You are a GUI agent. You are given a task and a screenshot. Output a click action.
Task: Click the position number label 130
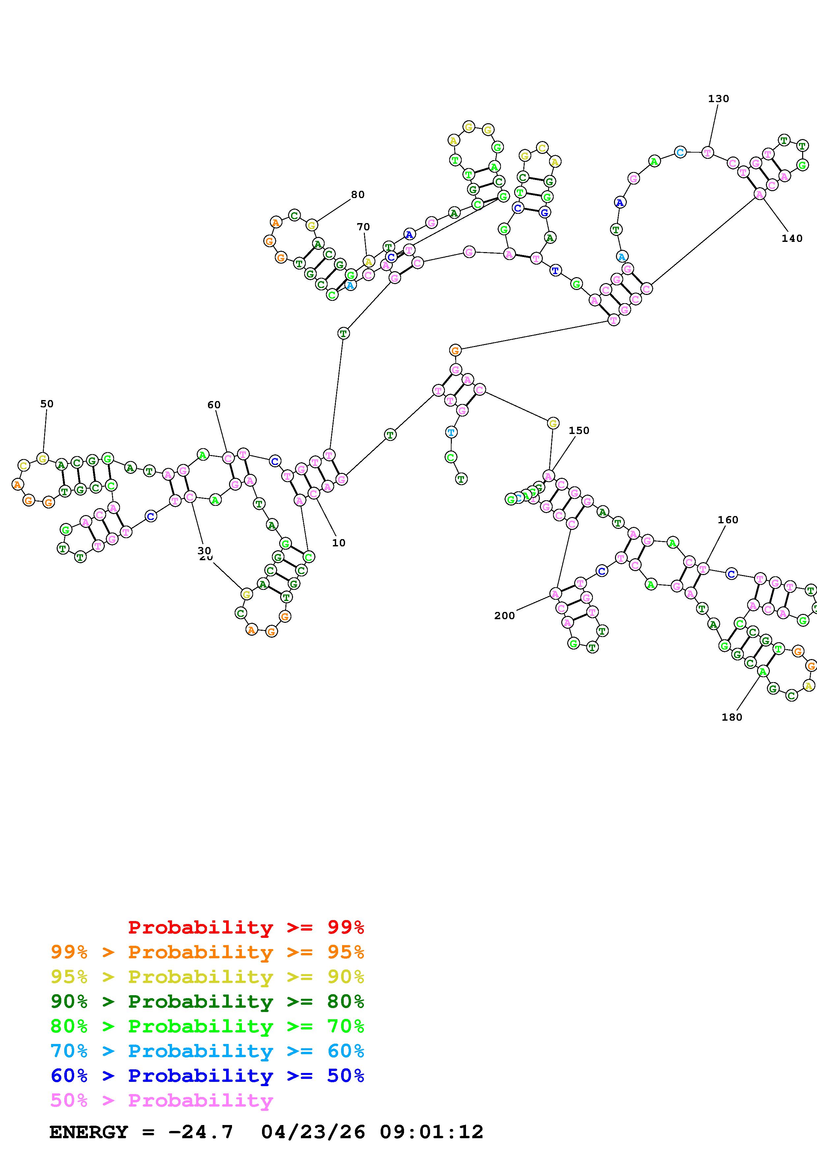tap(718, 99)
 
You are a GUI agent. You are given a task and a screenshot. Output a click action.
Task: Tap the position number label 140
tap(792, 239)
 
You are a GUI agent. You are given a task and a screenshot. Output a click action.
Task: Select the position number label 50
tap(47, 404)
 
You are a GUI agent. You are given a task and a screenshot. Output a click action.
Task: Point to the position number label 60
tap(214, 405)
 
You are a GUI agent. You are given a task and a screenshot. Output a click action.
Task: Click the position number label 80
tap(357, 195)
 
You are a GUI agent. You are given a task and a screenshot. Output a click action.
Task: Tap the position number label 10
tap(339, 543)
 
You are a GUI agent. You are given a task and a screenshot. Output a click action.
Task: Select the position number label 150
tap(579, 430)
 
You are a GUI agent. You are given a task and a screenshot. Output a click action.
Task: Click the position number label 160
tap(728, 520)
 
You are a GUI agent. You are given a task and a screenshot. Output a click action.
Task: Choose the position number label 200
tap(504, 616)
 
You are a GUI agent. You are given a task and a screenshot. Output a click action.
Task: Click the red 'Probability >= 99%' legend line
tap(246, 927)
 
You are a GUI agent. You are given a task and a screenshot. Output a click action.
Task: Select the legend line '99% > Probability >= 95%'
tap(207, 952)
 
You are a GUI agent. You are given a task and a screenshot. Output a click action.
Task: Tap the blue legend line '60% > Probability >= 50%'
tap(207, 1076)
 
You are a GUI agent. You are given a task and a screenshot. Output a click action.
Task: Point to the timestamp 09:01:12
tap(431, 1132)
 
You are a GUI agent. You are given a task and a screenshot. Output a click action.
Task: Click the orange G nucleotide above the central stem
tap(455, 350)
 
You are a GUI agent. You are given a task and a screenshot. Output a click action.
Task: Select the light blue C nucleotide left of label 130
tap(681, 152)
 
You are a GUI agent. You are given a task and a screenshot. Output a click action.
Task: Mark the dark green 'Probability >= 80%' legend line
tap(207, 1001)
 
